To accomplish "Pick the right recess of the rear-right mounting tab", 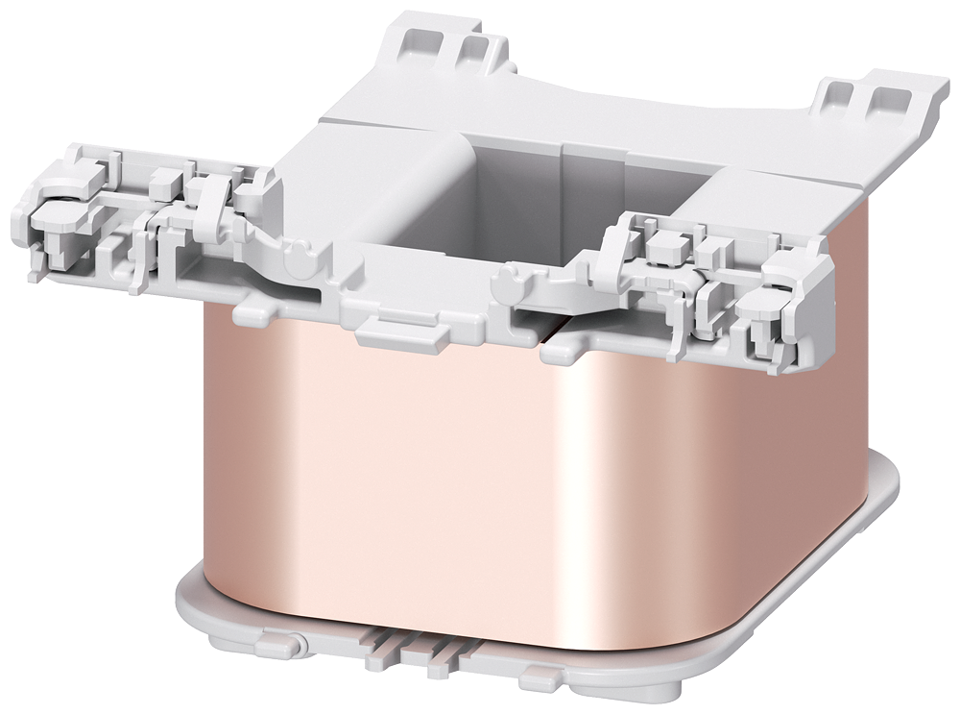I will coord(883,100).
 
